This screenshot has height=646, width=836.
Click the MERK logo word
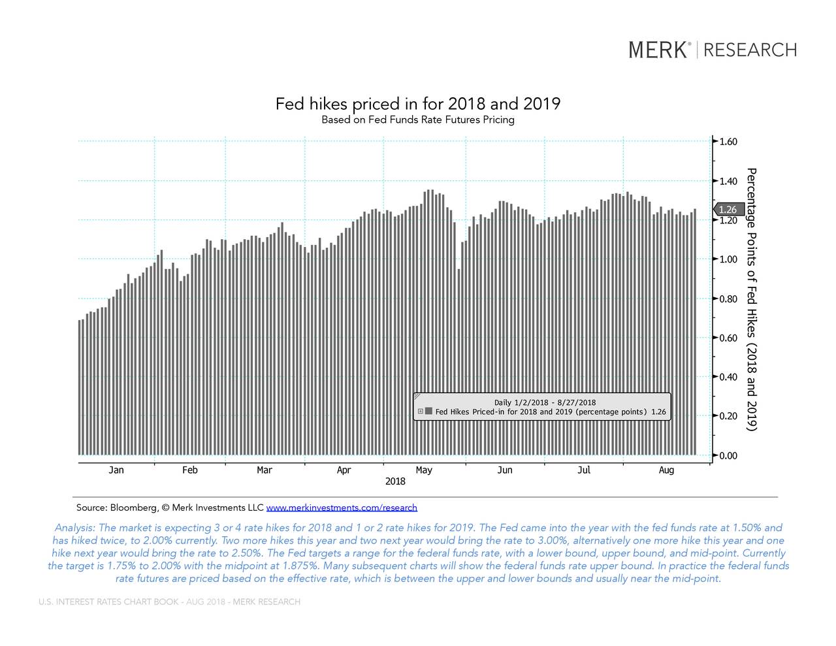point(658,50)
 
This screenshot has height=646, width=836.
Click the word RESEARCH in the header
point(750,50)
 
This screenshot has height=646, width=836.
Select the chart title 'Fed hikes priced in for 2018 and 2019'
point(417,104)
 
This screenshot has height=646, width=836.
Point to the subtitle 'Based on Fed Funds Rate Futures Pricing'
point(417,120)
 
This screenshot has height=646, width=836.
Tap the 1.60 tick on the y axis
point(728,142)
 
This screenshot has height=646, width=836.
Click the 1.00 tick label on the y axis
point(728,259)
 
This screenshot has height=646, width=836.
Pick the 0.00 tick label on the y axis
point(728,456)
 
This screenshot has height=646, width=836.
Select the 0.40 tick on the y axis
point(728,377)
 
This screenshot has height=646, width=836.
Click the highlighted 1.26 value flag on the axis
point(728,210)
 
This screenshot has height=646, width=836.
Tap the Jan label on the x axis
point(116,470)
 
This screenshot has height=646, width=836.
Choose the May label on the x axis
point(424,470)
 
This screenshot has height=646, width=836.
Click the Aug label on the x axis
point(666,470)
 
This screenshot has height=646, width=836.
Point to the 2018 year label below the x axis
point(395,481)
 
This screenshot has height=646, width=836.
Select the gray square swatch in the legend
point(428,412)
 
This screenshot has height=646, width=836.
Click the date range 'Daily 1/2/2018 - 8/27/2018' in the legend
point(545,402)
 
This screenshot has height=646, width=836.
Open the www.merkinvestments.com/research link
point(342,508)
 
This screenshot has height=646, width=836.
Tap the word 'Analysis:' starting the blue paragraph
point(75,528)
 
